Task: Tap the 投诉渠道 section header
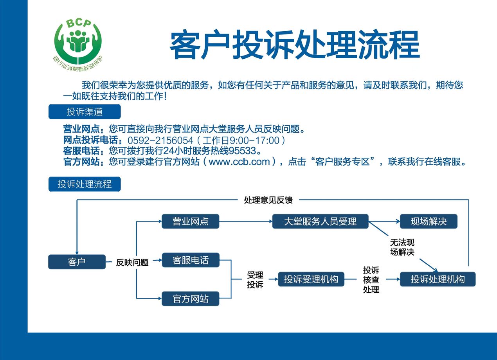click(x=85, y=112)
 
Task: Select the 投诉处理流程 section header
click(x=85, y=184)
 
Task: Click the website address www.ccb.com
click(x=239, y=162)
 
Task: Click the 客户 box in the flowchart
click(x=77, y=262)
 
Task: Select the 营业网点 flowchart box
click(x=191, y=221)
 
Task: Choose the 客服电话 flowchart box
click(x=191, y=260)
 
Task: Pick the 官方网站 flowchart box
click(x=191, y=299)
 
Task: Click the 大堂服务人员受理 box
click(x=320, y=221)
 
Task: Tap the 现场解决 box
click(x=429, y=221)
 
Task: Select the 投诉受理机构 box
click(x=311, y=279)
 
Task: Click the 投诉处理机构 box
click(x=438, y=279)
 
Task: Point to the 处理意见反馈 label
click(x=268, y=200)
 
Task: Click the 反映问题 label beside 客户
click(x=132, y=263)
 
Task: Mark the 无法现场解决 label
click(x=402, y=247)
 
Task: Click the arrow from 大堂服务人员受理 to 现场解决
click(x=384, y=221)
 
